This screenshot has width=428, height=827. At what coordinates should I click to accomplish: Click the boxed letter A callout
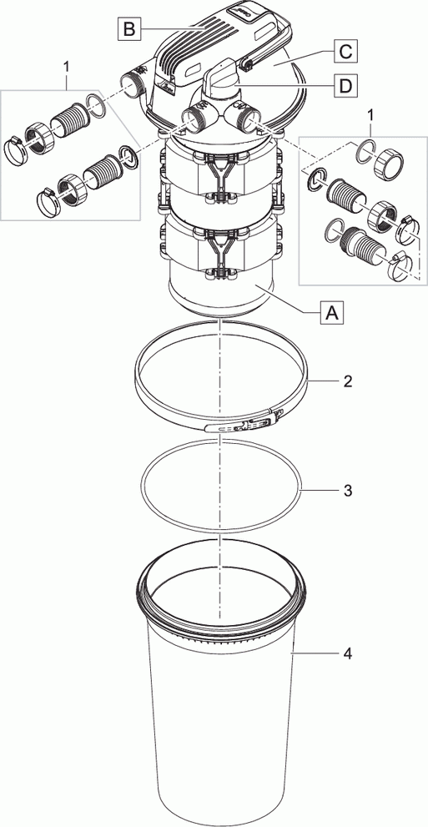click(x=332, y=314)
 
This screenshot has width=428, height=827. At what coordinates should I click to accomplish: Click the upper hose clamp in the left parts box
click(x=24, y=147)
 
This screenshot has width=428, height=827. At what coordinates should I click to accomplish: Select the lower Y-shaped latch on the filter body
click(x=220, y=250)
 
